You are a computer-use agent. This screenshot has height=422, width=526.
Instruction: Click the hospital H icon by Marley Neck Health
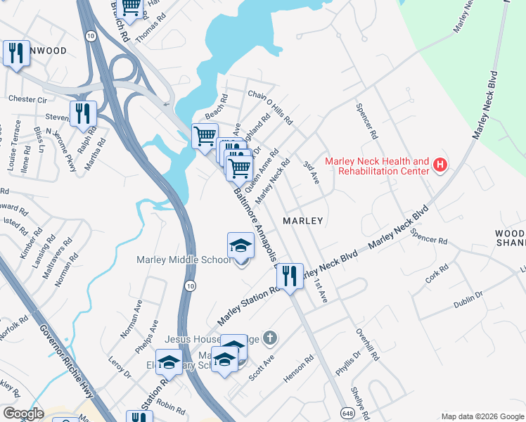440,166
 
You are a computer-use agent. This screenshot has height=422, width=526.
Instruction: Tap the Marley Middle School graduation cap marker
240,247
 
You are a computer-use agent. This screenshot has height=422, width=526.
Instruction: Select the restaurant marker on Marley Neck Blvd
290,275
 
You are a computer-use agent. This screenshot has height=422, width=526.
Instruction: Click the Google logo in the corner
23,414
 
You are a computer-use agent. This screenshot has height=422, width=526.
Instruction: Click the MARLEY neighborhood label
302,221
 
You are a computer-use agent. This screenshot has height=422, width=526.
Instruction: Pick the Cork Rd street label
437,274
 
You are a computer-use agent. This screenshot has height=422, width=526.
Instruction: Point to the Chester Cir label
27,99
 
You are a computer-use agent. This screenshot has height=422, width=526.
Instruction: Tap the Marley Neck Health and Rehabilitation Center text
377,166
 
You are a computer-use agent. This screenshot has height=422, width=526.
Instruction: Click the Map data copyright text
482,416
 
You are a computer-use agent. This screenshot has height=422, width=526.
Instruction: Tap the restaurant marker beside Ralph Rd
83,114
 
